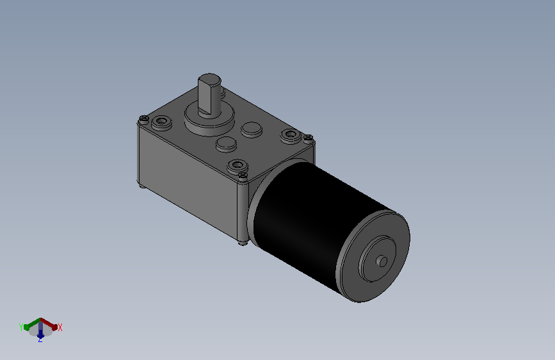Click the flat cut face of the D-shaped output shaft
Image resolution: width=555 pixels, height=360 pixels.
pos(204,95)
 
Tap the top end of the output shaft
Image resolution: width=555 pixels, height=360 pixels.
pos(209,79)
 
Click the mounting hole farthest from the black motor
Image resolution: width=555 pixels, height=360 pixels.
pos(162,122)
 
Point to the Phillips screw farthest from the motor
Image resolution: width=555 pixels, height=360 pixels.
pos(143,119)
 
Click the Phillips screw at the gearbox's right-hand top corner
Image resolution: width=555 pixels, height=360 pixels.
pos(309,137)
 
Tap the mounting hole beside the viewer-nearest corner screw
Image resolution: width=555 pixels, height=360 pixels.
pos(237,165)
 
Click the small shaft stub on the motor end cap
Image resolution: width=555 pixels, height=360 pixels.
pos(382,261)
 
